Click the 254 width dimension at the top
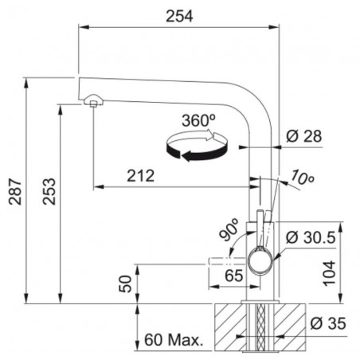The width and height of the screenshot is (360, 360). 179,17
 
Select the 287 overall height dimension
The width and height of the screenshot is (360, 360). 15,192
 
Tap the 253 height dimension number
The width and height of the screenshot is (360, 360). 49,191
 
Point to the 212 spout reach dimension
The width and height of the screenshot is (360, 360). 140,176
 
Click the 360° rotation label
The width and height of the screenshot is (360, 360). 198,121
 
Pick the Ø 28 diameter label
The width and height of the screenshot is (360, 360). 304,136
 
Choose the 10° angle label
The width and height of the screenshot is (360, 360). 302,178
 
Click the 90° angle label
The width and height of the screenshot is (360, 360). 229,229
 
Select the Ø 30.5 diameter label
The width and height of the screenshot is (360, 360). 311,237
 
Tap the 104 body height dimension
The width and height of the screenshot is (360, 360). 329,273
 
